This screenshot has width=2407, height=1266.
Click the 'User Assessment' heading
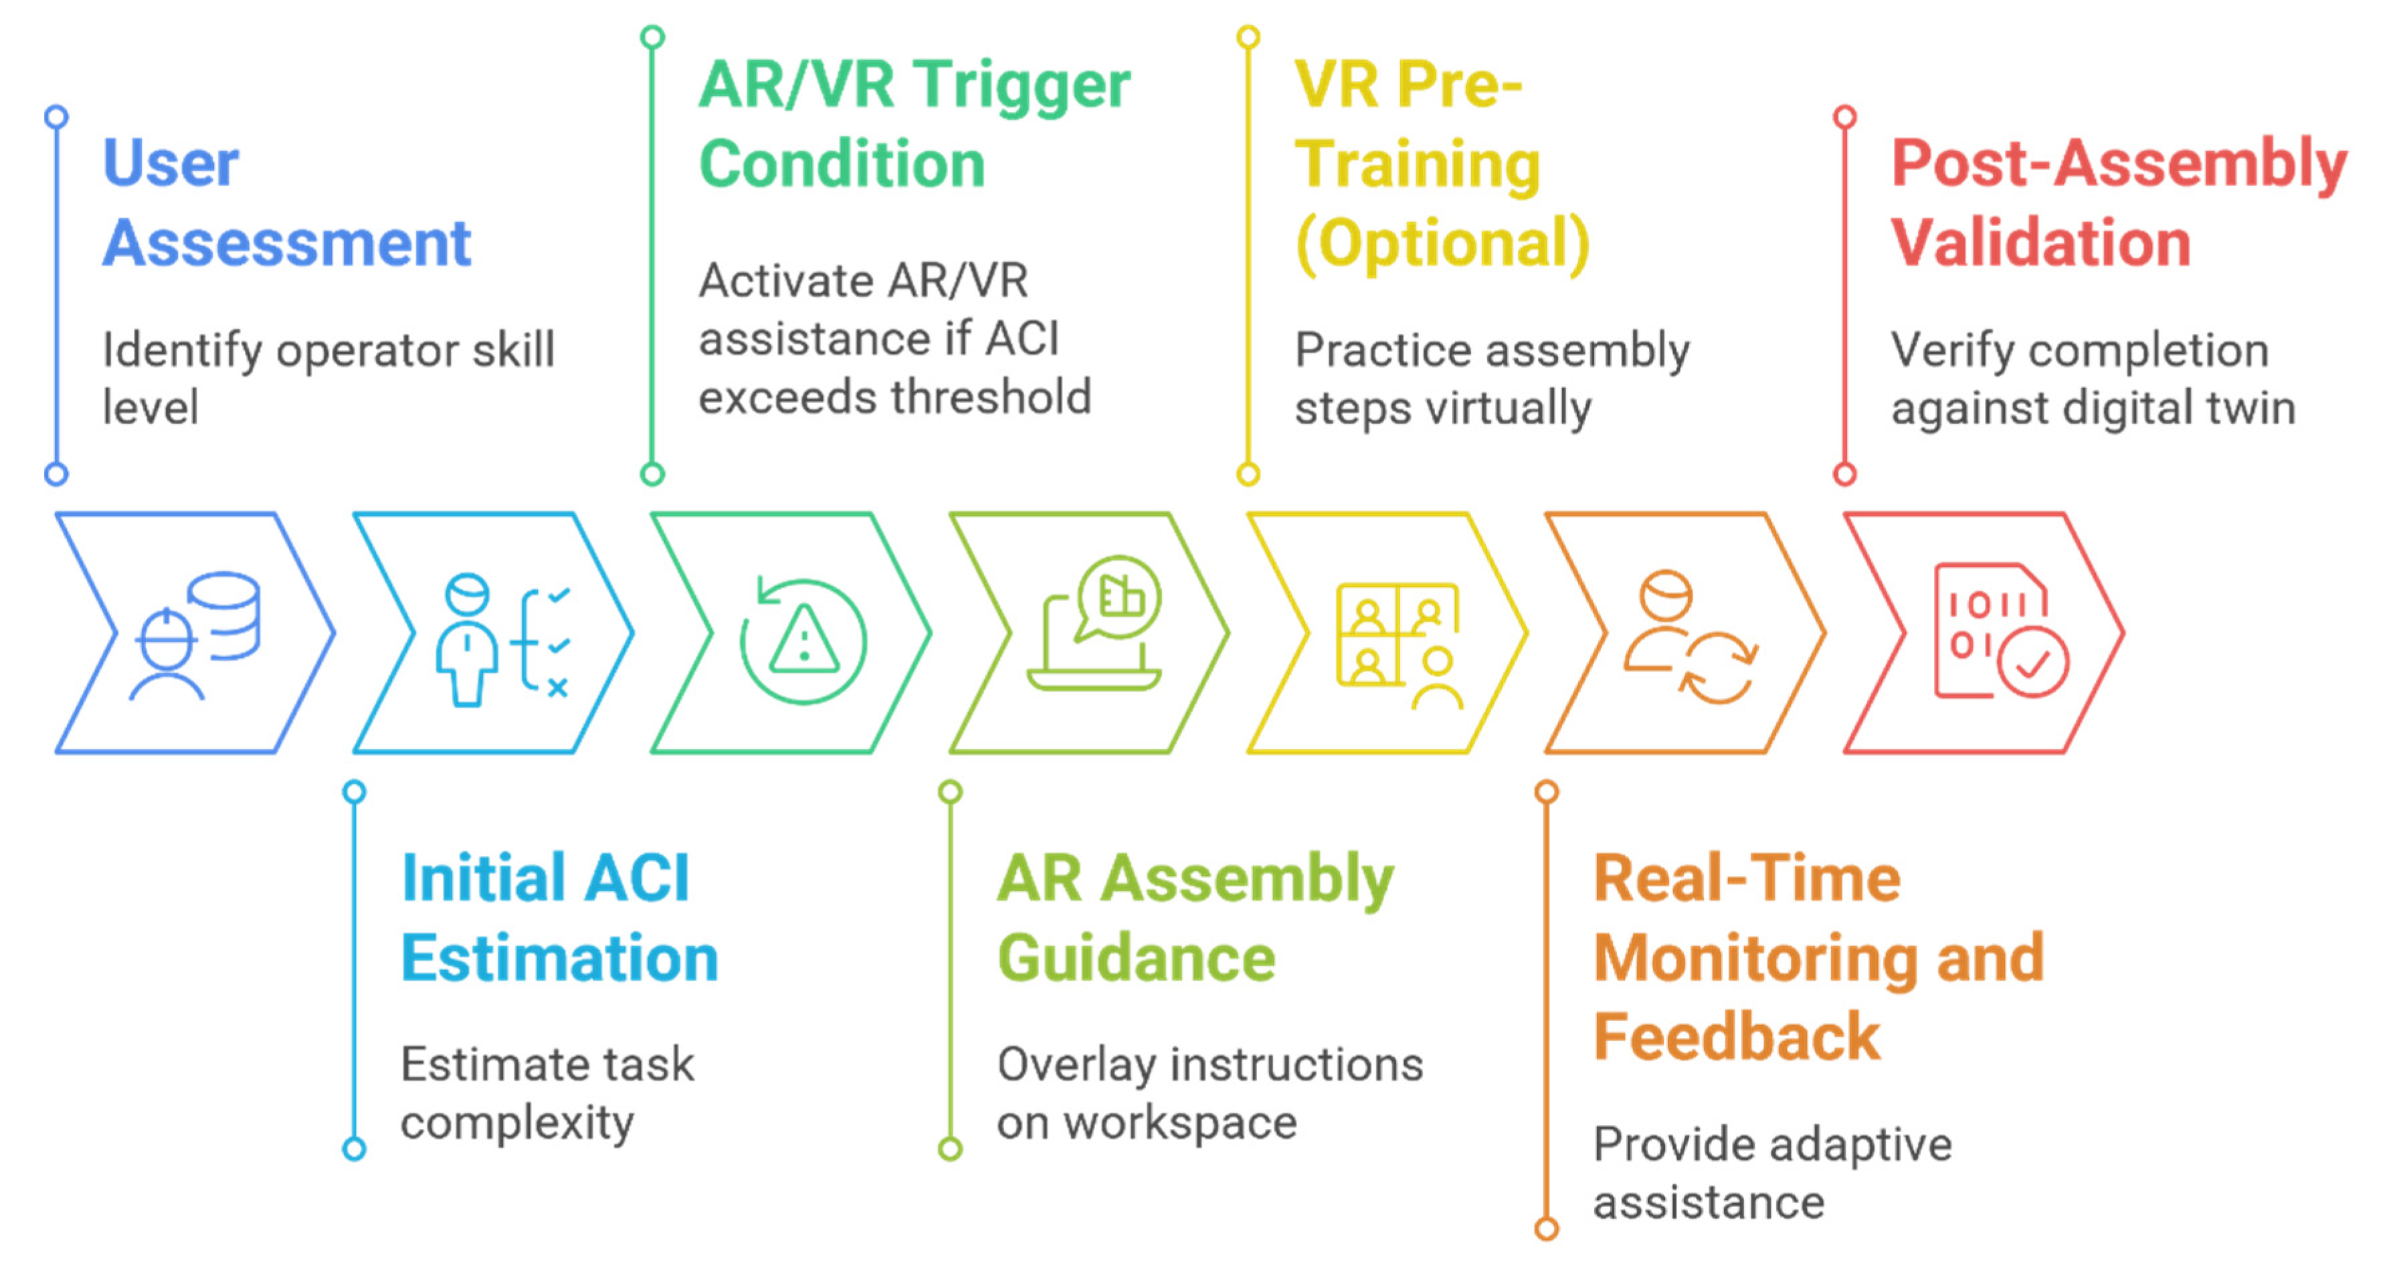click(x=286, y=203)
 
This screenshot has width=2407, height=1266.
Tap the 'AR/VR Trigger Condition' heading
click(x=914, y=124)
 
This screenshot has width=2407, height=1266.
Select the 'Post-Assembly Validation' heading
click(x=2118, y=203)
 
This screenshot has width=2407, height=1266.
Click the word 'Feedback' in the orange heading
click(x=1736, y=1037)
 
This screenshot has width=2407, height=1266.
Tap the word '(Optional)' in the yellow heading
click(x=1442, y=243)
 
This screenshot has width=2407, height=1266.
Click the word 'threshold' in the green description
click(x=992, y=397)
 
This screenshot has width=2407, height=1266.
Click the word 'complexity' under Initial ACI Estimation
click(x=516, y=1122)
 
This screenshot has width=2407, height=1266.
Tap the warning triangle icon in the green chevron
click(x=803, y=640)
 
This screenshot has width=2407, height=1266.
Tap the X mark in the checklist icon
click(x=558, y=689)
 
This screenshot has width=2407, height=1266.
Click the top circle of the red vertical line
click(x=1844, y=117)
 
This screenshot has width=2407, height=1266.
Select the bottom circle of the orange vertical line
click(x=1547, y=1228)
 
